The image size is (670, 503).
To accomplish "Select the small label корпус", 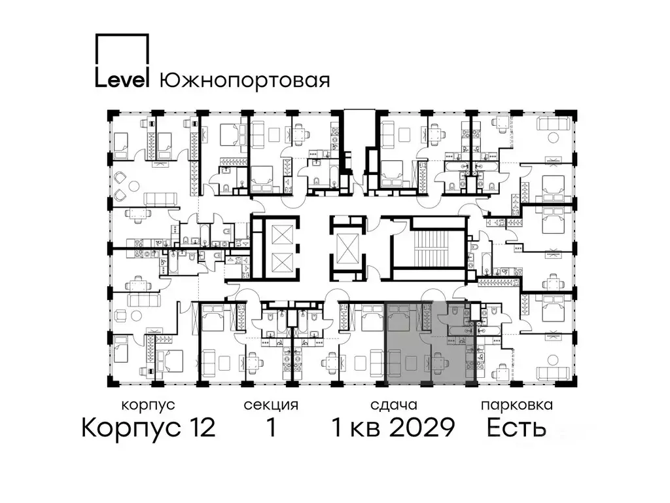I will (148, 405).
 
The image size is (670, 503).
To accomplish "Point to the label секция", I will (271, 405).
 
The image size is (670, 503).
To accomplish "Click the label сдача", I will (393, 405).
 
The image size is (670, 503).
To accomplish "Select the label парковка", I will (517, 405).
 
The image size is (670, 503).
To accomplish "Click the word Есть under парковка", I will (516, 428).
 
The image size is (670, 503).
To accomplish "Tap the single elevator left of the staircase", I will (347, 248).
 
